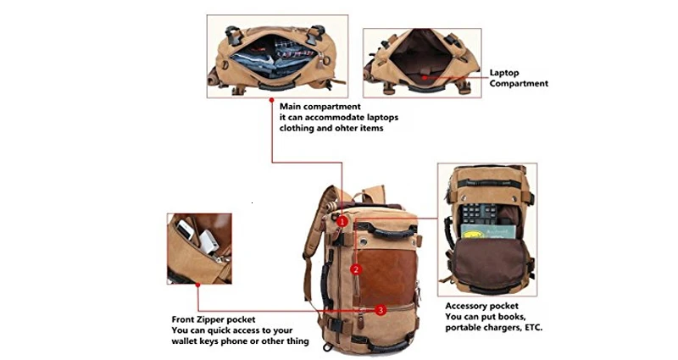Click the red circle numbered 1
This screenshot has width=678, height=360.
pos(342,220)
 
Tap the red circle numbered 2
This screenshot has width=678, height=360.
pos(356,269)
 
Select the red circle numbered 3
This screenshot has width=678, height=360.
pos(381,310)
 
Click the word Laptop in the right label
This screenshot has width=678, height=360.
pos(505,73)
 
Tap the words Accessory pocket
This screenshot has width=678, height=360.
pos(481,305)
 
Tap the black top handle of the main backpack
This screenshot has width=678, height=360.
pos(386,228)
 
